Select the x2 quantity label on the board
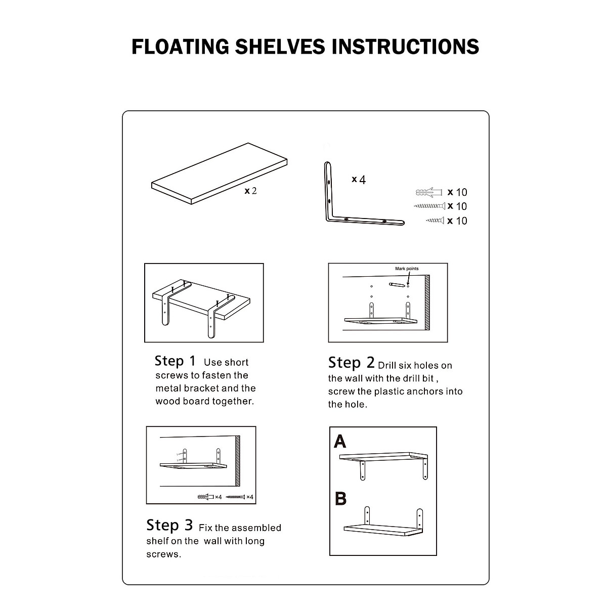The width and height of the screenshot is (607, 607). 251,191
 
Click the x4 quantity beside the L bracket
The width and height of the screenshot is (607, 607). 359,180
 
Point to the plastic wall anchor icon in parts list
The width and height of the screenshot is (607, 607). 428,192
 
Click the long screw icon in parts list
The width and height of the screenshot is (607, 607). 429,206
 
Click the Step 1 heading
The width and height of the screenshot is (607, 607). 175,361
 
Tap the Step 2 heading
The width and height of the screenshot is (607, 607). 352,363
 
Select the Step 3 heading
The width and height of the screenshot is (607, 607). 170,525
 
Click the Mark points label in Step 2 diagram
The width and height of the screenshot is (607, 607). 407,269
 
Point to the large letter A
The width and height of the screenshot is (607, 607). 340,442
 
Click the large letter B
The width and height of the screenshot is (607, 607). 340,499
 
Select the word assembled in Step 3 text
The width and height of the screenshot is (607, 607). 255,528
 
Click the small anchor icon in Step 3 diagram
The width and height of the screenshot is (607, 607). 205,497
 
